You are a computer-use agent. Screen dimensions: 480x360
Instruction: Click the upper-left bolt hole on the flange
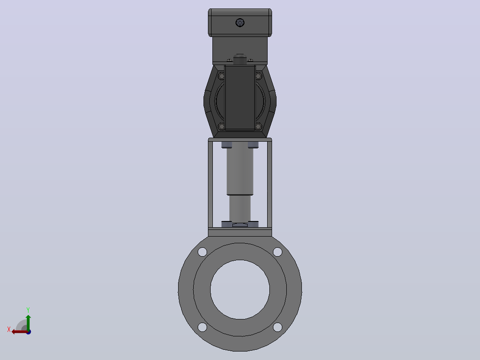click(202, 252)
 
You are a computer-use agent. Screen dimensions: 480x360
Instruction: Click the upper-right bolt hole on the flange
click(278, 252)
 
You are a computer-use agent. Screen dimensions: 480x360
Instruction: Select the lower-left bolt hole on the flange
click(202, 327)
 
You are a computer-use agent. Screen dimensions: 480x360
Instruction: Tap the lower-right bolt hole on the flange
click(278, 327)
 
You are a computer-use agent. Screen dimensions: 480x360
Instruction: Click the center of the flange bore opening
click(240, 290)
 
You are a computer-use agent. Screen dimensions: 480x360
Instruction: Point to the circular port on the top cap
click(240, 22)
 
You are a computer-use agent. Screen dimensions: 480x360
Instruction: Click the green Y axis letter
click(28, 310)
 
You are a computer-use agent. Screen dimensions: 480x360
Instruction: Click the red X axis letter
click(9, 329)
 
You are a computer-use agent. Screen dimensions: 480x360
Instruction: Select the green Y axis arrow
click(28, 323)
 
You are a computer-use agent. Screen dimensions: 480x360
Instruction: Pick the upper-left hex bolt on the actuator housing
click(221, 76)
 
